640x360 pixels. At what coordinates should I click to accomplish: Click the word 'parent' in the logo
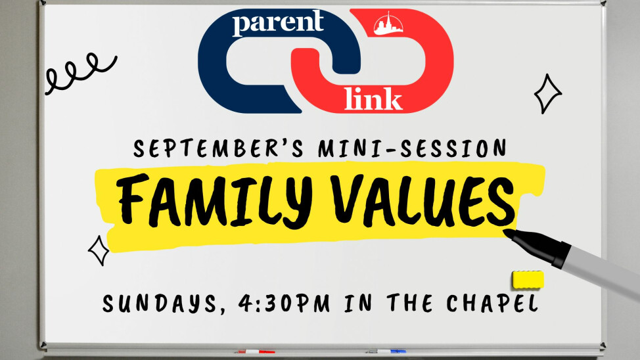279,23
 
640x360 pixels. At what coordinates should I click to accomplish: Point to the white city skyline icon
388,24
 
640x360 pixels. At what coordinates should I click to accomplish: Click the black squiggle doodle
80,73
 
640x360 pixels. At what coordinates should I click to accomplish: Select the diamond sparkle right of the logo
548,93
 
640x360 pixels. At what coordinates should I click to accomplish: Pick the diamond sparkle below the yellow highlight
99,250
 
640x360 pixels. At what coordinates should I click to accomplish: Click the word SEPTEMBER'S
218,148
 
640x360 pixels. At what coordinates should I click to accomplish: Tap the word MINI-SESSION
412,148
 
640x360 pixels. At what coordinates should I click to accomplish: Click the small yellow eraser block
528,280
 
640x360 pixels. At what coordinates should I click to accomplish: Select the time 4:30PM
284,304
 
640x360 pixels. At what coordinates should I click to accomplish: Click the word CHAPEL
492,304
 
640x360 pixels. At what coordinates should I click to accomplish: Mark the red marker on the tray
255,351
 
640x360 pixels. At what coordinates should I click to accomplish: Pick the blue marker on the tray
385,351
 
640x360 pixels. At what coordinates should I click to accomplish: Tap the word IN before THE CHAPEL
358,304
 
